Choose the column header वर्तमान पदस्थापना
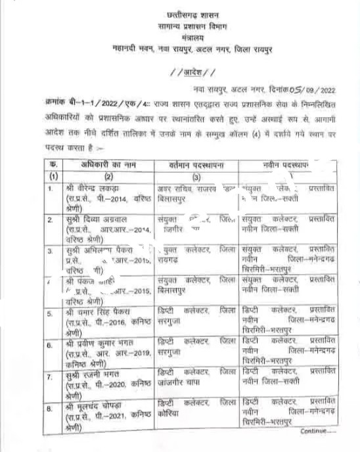click(x=194, y=164)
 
